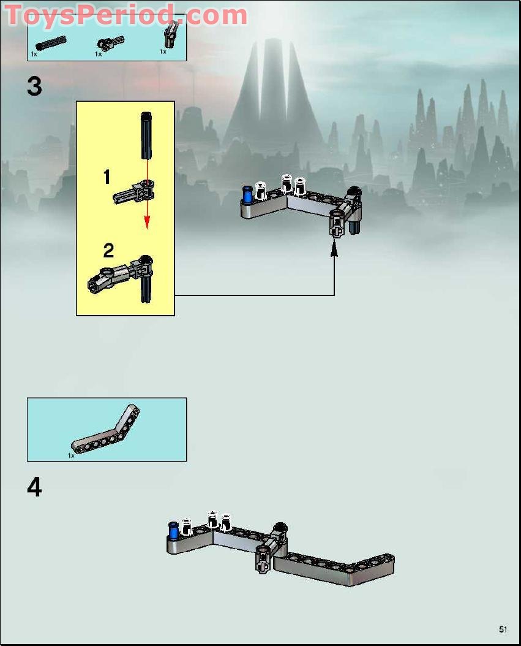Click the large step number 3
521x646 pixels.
pos(34,86)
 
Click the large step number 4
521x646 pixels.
pos(34,487)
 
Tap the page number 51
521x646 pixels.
pos(503,629)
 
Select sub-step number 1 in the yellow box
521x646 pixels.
pos(107,178)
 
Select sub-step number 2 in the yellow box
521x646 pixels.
pos(108,250)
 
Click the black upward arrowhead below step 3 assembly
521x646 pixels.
pos(334,248)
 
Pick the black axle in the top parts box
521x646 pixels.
pos(51,44)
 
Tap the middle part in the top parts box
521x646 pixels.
pos(105,43)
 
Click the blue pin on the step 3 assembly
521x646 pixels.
pos(247,195)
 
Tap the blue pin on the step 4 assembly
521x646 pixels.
pos(173,530)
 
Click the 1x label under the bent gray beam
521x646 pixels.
pos(71,455)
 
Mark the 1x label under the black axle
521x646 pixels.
pos(34,55)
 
